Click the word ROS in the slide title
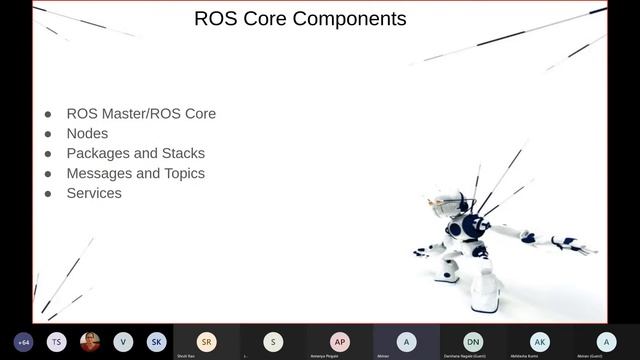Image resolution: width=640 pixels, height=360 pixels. tap(216, 18)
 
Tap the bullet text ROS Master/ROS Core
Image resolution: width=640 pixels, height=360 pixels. tap(141, 113)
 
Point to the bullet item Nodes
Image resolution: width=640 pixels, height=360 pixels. tap(87, 133)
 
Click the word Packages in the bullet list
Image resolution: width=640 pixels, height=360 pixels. tap(99, 153)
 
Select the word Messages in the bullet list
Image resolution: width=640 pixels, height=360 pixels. tap(100, 173)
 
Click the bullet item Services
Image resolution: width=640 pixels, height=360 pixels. tap(94, 193)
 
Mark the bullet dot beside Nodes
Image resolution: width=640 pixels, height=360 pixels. tap(47, 134)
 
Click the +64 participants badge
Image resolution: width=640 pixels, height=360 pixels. tap(24, 341)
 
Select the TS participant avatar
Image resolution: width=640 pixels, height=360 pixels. tap(57, 341)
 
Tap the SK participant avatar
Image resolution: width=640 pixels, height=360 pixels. tap(156, 341)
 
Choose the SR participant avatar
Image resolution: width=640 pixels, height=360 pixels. tap(206, 341)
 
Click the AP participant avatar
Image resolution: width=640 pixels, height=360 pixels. tap(340, 341)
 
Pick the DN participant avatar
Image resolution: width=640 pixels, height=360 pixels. tap(473, 341)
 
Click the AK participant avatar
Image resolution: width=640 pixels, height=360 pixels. tap(540, 341)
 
